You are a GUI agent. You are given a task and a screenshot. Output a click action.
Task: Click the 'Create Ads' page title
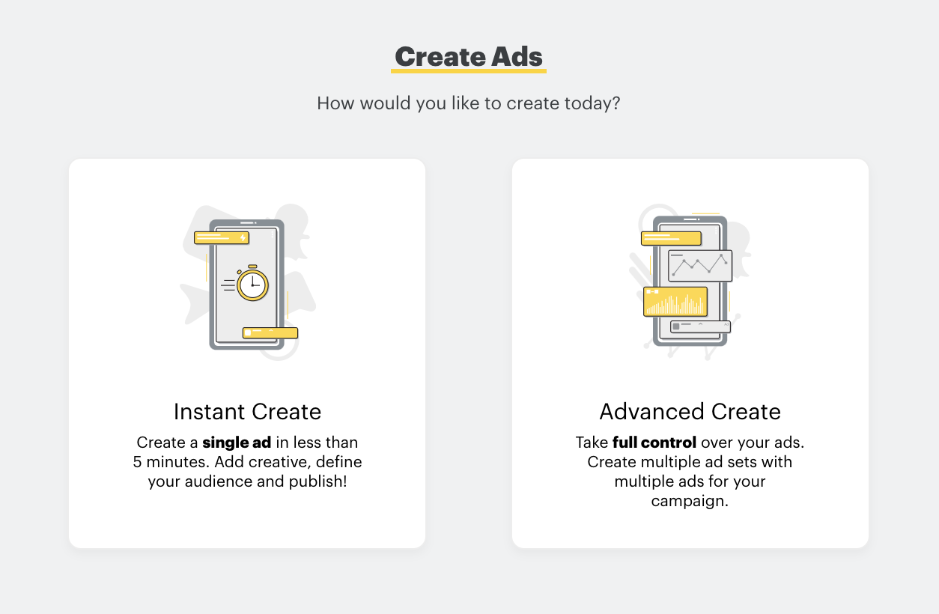tap(468, 57)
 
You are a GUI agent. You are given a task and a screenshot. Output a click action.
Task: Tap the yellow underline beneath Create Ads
tap(469, 71)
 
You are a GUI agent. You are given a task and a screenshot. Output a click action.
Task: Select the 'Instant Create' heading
tap(247, 412)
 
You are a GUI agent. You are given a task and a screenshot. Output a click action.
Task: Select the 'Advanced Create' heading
tap(690, 412)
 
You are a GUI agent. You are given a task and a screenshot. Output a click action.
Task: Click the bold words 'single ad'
tap(237, 443)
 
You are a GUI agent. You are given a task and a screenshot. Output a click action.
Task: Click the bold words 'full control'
tap(654, 443)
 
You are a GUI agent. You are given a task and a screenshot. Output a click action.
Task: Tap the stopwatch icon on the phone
tap(252, 283)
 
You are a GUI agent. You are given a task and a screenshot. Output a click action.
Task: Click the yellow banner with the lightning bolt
tap(222, 237)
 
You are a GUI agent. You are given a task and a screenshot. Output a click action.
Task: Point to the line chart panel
tap(700, 266)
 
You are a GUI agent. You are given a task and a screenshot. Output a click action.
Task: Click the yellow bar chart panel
tap(675, 301)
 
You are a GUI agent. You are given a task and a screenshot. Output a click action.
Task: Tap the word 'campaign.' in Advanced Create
tap(690, 501)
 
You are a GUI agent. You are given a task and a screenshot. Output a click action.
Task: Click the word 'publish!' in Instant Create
tap(317, 482)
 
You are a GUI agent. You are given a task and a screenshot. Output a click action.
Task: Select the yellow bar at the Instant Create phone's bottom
tap(270, 332)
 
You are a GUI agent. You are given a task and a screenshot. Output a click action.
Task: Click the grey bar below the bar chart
tap(700, 326)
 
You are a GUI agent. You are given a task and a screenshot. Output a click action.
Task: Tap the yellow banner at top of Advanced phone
tap(671, 238)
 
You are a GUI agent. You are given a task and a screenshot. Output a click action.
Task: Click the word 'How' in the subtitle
tap(335, 103)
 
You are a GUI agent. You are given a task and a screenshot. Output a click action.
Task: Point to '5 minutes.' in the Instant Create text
tap(171, 462)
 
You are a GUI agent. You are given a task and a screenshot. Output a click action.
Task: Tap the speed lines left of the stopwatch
tap(228, 285)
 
